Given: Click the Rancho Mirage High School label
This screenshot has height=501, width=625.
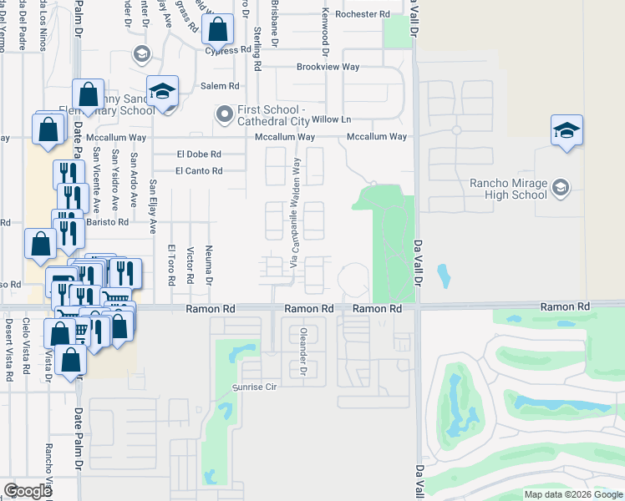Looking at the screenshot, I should (x=508, y=190).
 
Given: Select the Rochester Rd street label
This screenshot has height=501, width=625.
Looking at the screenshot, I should (x=362, y=14).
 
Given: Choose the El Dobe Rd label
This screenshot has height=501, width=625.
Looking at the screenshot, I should (x=199, y=154).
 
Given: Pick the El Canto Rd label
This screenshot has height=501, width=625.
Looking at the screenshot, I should (x=199, y=171).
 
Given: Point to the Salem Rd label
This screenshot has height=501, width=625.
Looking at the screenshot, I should (x=220, y=86).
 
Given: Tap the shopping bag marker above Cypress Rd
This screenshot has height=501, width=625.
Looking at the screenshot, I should (x=217, y=30).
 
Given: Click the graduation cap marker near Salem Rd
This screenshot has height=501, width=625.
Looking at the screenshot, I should (x=163, y=92).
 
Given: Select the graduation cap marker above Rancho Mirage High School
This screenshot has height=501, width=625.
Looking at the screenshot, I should (x=567, y=131).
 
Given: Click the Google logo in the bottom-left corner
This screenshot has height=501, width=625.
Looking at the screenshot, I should (x=28, y=490).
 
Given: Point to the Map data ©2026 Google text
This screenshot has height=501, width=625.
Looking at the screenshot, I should (x=573, y=494).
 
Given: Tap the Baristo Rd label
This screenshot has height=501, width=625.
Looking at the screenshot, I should (x=109, y=223).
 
